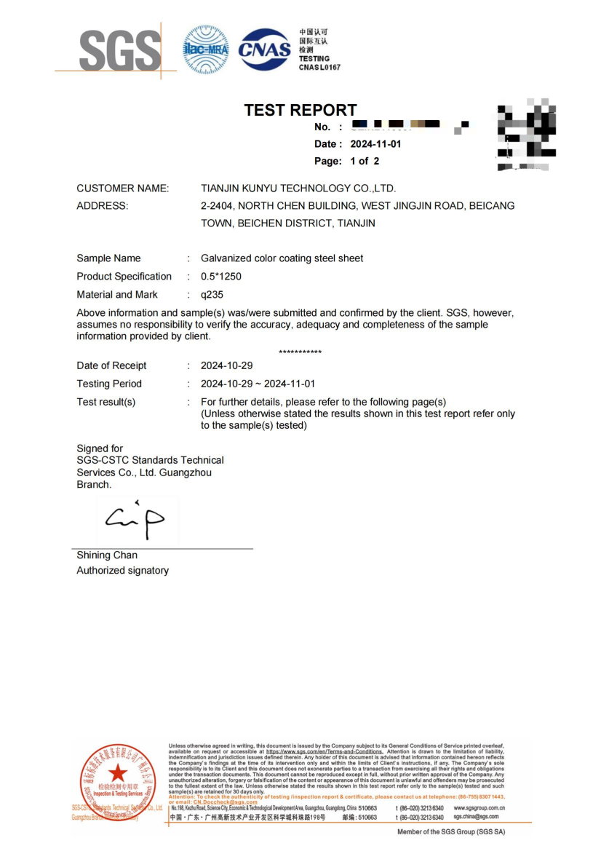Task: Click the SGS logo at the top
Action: [119, 50]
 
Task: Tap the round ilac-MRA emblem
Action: [206, 50]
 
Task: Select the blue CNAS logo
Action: [264, 49]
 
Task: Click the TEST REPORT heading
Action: [300, 110]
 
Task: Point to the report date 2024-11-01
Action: [375, 144]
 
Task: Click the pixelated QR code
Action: [525, 135]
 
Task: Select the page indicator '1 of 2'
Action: [365, 161]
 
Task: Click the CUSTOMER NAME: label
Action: [123, 189]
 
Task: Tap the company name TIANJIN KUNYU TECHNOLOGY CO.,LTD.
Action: [298, 189]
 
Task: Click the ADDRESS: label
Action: [103, 206]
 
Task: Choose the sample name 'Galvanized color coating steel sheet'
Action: [282, 258]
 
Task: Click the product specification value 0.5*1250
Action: [221, 277]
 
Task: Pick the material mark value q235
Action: [212, 295]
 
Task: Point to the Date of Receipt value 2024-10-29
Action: [227, 365]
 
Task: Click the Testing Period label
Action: [109, 384]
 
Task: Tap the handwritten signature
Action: [136, 520]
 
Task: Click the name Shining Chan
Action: [107, 555]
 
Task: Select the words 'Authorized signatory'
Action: [122, 571]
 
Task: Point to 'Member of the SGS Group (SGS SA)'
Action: [450, 831]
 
